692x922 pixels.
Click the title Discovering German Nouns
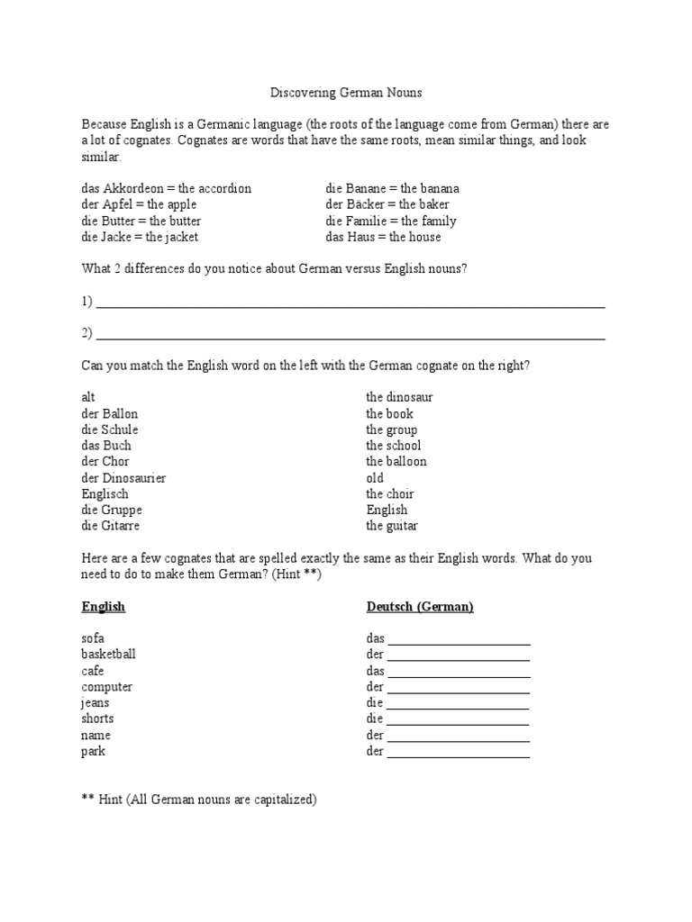(x=346, y=93)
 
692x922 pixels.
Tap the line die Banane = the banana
(x=392, y=188)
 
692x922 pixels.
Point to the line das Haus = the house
(x=383, y=237)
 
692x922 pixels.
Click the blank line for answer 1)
(x=350, y=303)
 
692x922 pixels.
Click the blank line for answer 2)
(x=350, y=335)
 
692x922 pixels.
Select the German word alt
(x=88, y=397)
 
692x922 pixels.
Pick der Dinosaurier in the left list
(x=123, y=477)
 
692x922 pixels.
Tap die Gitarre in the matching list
(x=111, y=526)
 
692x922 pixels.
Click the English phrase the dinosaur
(x=399, y=397)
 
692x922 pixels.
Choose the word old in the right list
(x=375, y=477)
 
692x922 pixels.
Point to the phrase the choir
(x=390, y=493)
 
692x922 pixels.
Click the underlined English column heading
(x=104, y=607)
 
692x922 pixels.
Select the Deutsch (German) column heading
(x=420, y=607)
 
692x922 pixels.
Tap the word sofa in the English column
(x=93, y=638)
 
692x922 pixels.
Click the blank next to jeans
(x=457, y=704)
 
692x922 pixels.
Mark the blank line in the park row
(x=458, y=753)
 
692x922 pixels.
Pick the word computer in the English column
(x=106, y=687)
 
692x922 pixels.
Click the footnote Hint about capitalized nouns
(x=199, y=799)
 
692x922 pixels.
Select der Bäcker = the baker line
(x=387, y=204)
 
